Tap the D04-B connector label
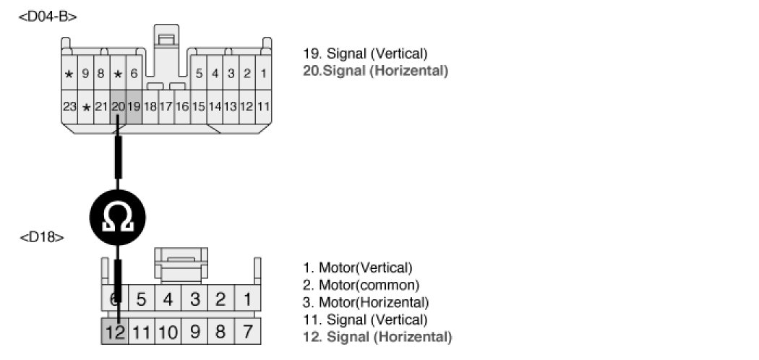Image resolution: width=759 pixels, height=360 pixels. click(x=48, y=16)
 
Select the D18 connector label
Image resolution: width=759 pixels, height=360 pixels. click(x=41, y=236)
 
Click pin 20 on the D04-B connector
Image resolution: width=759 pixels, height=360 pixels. click(x=118, y=106)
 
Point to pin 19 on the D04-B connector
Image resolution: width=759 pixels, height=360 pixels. click(x=134, y=106)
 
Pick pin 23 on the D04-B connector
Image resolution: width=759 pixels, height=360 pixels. click(x=69, y=106)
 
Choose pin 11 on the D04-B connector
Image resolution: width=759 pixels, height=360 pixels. click(x=263, y=106)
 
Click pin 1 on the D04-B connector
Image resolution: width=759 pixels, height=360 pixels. click(x=263, y=73)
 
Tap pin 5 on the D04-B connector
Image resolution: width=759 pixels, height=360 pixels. click(x=199, y=73)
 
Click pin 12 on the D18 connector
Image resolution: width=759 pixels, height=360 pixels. click(x=114, y=333)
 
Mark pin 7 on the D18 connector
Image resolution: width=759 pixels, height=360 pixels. click(x=248, y=333)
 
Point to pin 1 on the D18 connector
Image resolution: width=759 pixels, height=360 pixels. click(x=248, y=299)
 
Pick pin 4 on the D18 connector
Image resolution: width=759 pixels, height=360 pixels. click(x=168, y=299)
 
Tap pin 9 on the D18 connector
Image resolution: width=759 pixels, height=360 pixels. click(x=194, y=333)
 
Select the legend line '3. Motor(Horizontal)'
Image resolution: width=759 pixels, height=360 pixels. click(x=366, y=302)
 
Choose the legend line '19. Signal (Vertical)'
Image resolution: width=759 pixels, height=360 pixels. click(x=366, y=54)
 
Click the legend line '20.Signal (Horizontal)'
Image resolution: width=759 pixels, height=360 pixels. click(x=375, y=71)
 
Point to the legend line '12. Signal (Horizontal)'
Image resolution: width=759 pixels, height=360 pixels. click(x=377, y=337)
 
